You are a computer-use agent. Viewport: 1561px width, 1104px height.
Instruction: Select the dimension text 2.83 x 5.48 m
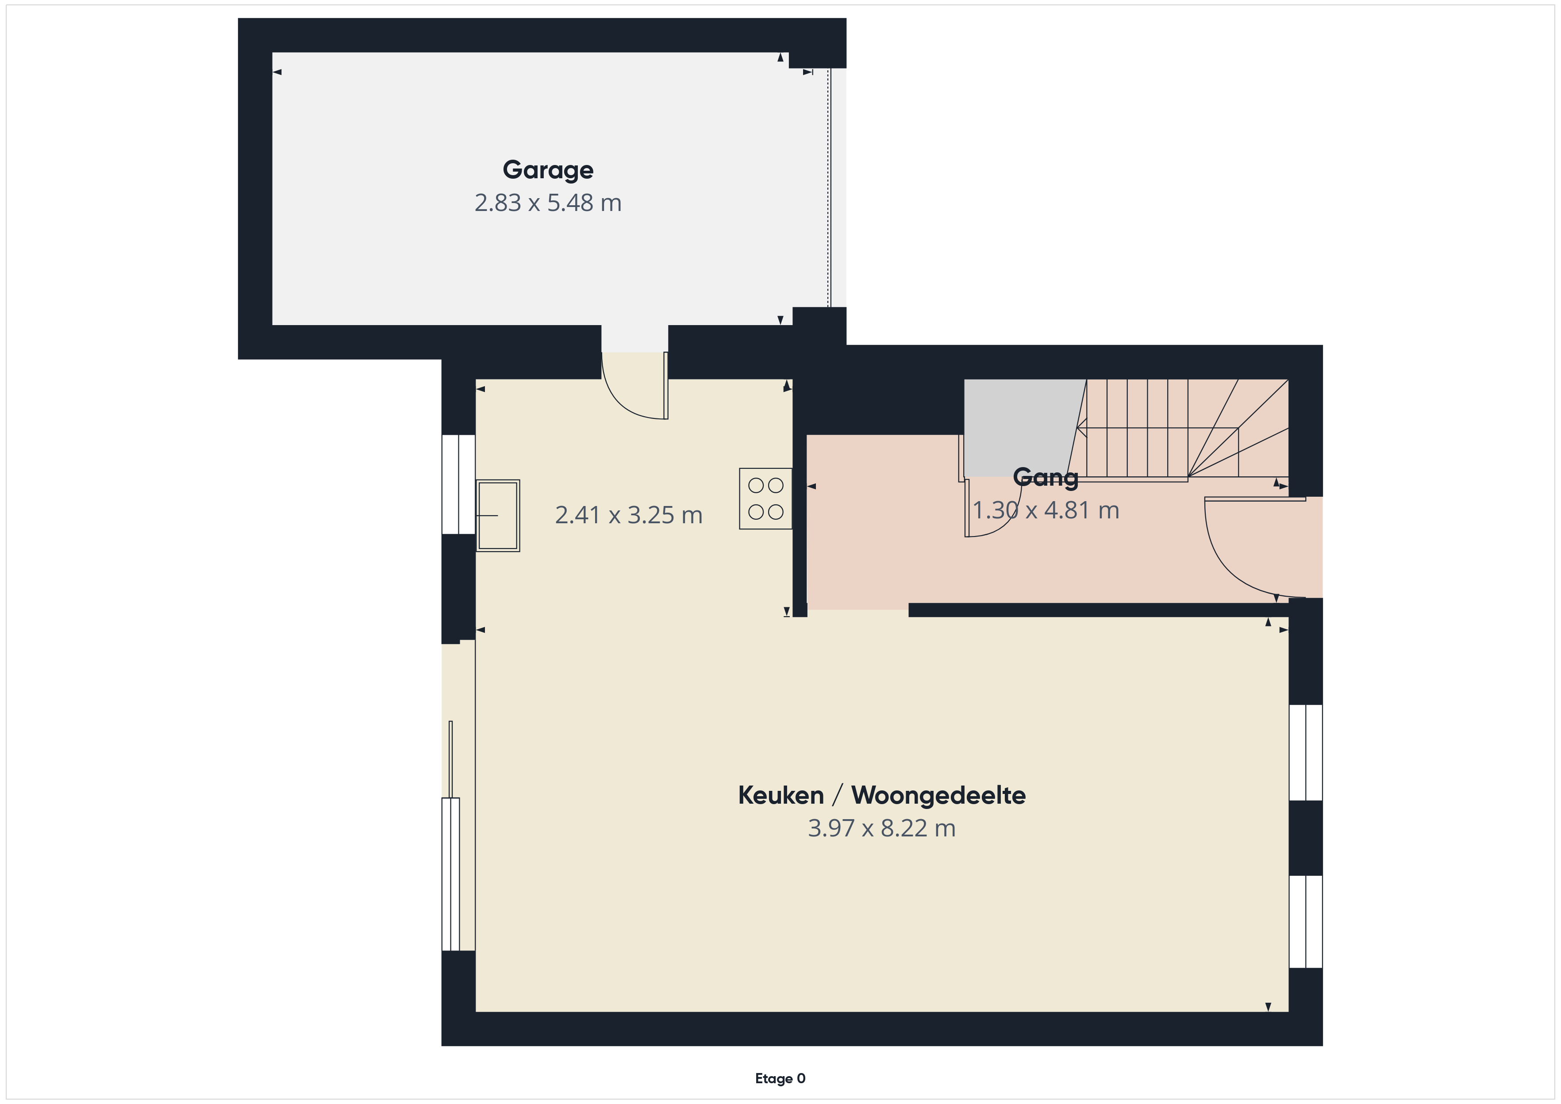point(548,203)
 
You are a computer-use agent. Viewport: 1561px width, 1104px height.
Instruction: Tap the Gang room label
point(1046,478)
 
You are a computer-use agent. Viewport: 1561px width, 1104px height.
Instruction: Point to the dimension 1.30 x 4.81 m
point(1046,510)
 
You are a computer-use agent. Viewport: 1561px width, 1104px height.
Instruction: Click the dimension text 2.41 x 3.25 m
point(629,515)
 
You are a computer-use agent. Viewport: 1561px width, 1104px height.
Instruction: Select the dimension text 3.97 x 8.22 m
point(882,828)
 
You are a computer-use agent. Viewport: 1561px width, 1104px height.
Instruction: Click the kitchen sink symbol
point(498,515)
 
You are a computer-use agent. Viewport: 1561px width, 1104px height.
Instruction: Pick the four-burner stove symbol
point(765,498)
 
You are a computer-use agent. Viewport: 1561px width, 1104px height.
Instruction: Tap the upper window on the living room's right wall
point(1305,752)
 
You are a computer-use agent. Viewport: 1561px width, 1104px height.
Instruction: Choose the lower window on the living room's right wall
point(1305,921)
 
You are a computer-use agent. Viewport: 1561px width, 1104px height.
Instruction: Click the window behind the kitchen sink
point(458,484)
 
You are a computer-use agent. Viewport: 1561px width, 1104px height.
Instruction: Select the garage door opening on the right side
point(829,188)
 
